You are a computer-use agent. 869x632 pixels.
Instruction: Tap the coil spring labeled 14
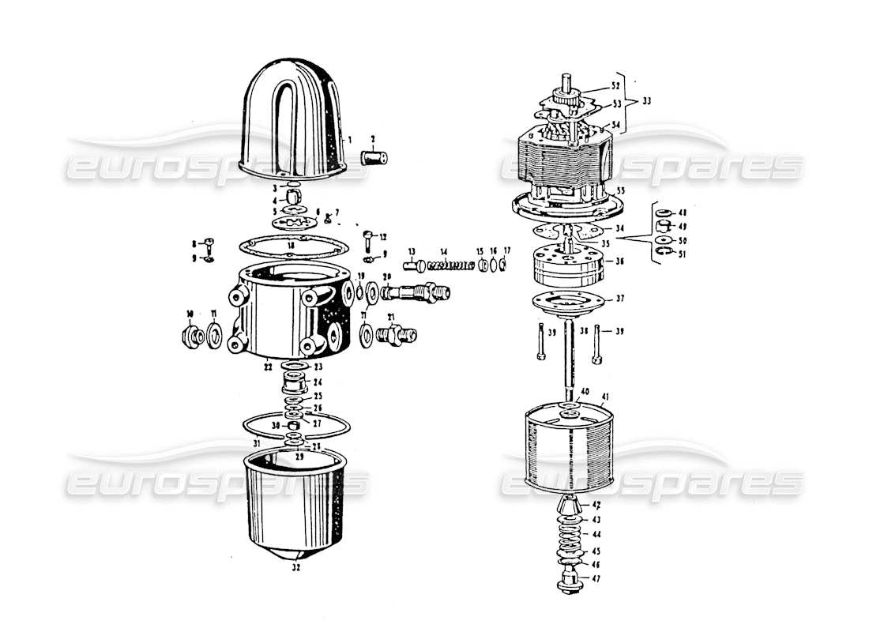[x=452, y=265]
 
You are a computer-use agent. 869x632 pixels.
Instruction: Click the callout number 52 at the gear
[x=615, y=85]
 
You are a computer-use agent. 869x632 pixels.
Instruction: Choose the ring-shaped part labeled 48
[x=661, y=213]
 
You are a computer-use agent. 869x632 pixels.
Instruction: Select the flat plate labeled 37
[x=568, y=302]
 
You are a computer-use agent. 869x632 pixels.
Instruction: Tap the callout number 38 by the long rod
[x=582, y=331]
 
